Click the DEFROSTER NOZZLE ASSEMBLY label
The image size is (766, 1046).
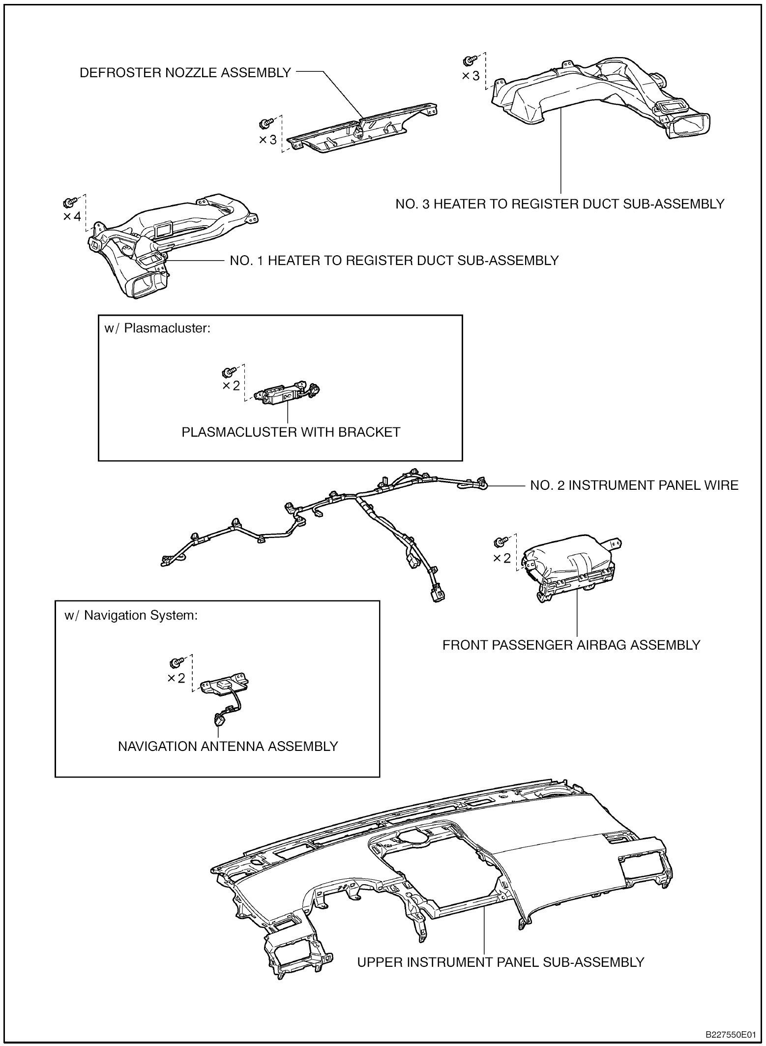[185, 73]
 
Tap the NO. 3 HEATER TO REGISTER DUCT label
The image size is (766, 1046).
[560, 204]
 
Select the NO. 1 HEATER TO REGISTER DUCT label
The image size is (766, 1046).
[394, 260]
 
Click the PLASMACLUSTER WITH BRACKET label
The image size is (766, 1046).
[291, 432]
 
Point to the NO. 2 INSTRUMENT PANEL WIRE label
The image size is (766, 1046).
[634, 485]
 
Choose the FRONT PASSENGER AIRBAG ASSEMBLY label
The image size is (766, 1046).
[571, 645]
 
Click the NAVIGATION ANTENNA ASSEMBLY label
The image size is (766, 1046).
[228, 746]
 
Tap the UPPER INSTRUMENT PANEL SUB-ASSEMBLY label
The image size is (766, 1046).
[501, 962]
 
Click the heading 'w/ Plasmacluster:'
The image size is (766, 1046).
[157, 329]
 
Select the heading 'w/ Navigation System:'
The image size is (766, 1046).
[131, 615]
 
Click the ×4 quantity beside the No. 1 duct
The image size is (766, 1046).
[72, 216]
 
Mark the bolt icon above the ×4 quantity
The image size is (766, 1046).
[69, 202]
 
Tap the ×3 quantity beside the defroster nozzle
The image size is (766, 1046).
[268, 140]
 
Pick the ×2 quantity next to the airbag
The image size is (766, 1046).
[502, 558]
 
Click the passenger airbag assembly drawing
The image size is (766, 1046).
[570, 566]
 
